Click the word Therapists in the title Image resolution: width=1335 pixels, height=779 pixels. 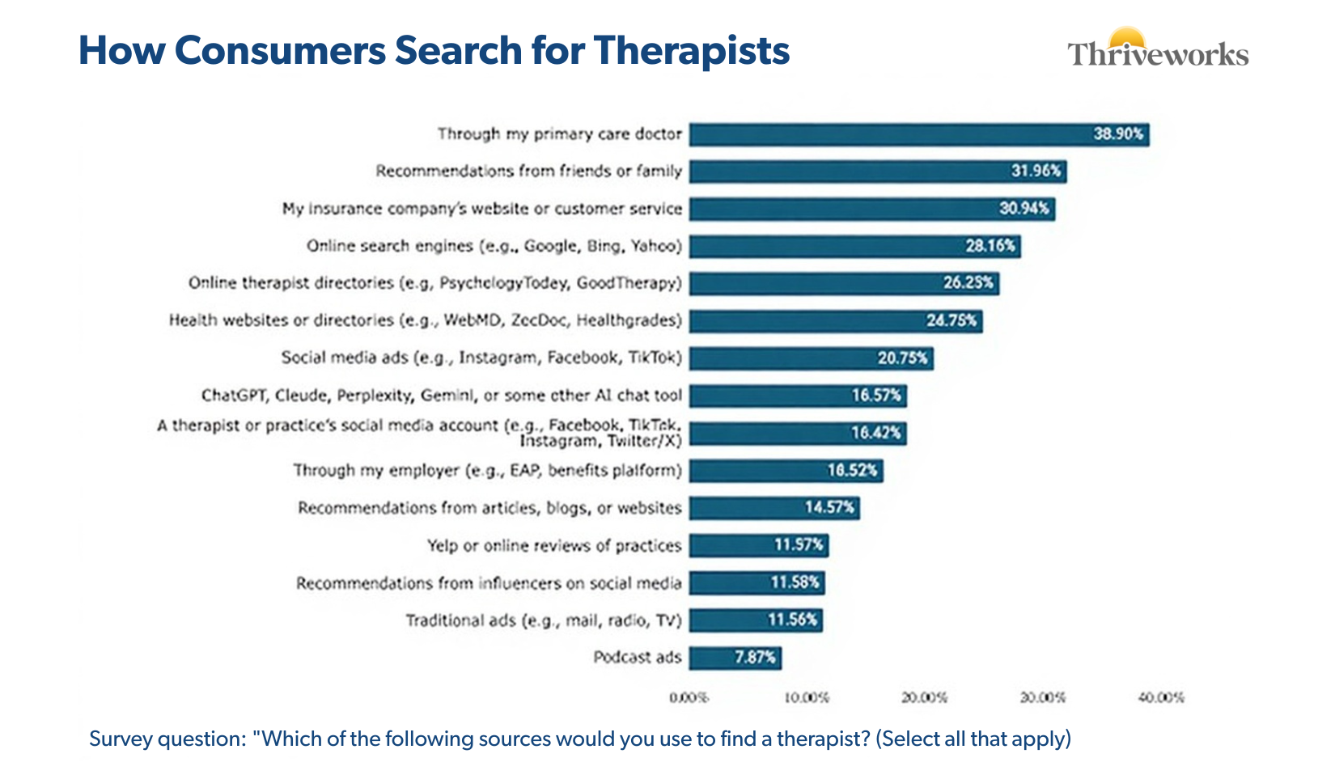point(691,50)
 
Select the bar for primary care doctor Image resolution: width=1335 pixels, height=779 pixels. point(918,134)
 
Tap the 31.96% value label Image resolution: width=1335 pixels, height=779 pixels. point(1036,171)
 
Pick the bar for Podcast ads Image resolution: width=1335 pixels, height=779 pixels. point(735,658)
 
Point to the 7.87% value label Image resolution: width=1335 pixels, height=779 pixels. point(755,658)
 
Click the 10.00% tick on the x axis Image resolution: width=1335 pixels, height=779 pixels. point(807,697)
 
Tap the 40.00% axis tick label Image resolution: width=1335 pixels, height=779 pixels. point(1161,697)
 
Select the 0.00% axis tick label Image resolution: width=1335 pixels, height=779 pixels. point(689,697)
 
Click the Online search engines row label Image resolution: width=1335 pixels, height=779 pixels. point(494,246)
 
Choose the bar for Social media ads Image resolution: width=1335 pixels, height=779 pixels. point(811,358)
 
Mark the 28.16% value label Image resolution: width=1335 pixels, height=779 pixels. point(990,246)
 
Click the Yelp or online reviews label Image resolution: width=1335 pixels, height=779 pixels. point(554,546)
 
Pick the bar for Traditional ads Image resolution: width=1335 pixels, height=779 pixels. point(756,620)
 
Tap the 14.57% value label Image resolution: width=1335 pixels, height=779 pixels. point(829,508)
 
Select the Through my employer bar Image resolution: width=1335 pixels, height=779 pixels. point(786,471)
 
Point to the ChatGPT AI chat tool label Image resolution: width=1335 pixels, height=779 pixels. point(442,396)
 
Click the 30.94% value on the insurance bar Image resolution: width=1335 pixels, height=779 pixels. point(1023,209)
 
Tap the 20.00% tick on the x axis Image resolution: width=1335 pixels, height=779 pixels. point(924,697)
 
